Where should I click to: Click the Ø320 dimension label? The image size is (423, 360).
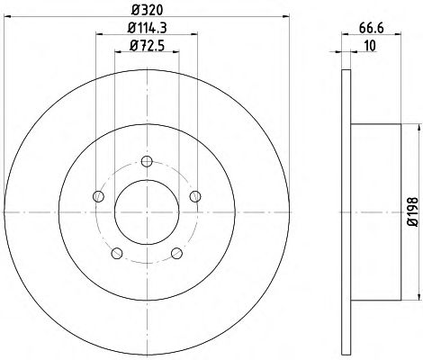point(147,10)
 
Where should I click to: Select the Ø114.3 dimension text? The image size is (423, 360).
point(147,28)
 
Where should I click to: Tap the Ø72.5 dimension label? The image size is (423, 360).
point(147,46)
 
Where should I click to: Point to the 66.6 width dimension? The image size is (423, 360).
point(372,28)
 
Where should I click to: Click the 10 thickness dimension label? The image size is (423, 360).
point(370,46)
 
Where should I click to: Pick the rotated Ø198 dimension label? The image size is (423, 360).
point(413,211)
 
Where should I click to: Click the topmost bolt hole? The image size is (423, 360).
point(147,161)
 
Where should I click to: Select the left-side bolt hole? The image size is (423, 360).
point(98,197)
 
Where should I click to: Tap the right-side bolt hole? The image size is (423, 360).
point(195,196)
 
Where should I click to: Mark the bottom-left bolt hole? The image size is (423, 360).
point(117,253)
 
